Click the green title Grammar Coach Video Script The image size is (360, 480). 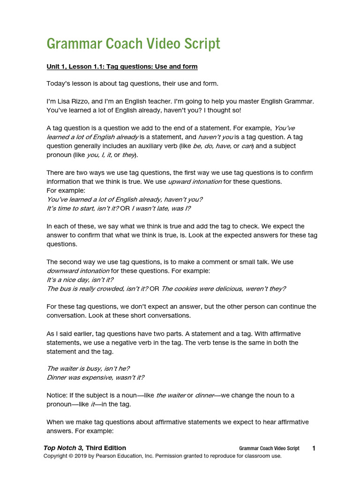133,44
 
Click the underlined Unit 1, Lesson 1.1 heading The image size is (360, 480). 122,67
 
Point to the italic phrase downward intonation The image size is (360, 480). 78,271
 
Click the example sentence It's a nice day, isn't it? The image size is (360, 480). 80,280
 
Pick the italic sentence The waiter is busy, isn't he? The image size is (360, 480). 89,368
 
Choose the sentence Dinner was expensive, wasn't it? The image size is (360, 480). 96,377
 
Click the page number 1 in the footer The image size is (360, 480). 314,449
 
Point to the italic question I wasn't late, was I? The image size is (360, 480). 161,208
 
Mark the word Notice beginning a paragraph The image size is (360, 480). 57,395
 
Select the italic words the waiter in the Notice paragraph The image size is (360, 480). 171,395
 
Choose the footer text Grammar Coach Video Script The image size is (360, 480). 269,449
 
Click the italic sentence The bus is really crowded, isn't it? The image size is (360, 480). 97,289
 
